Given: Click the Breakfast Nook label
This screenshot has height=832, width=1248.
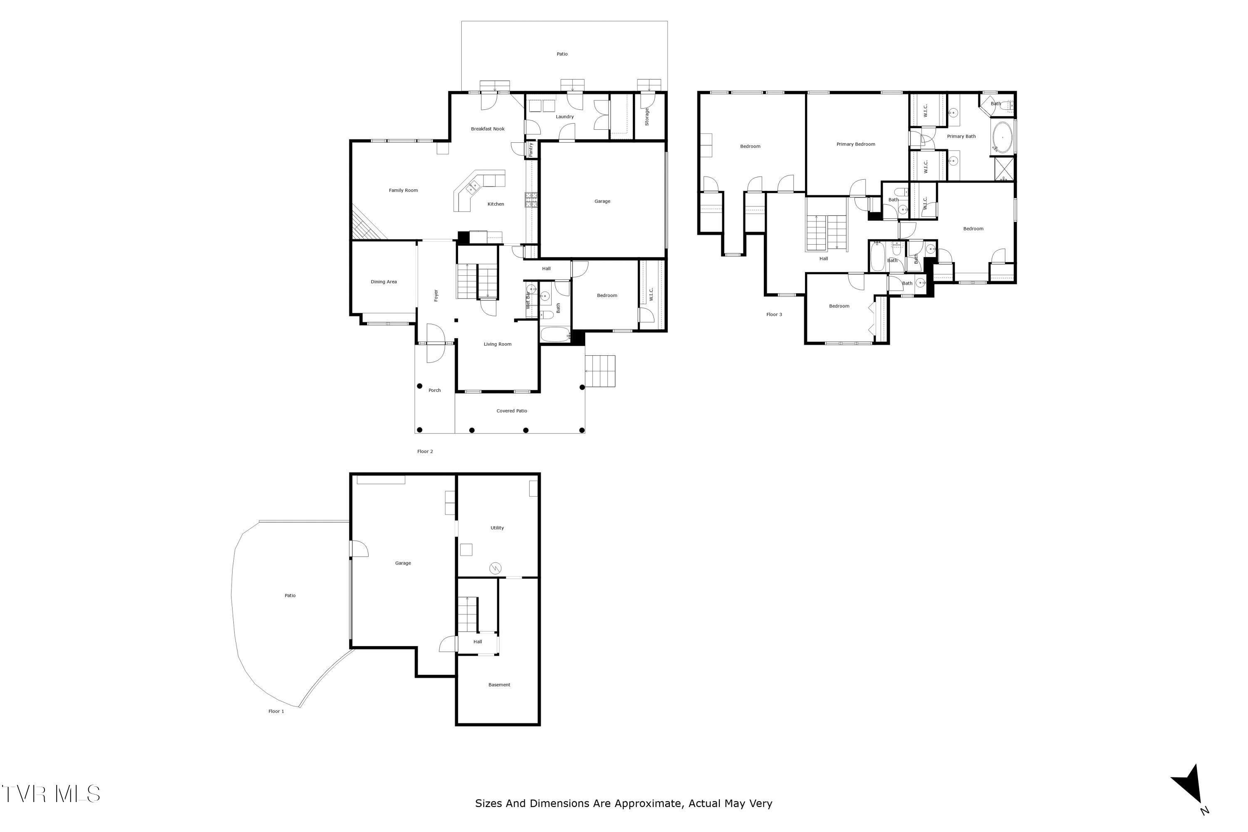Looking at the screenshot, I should [x=488, y=129].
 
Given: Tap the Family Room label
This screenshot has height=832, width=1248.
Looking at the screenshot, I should [x=403, y=191].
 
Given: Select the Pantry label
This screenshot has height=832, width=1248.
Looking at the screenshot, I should [x=531, y=150].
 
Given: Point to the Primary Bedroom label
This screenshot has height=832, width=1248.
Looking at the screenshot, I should [x=855, y=144].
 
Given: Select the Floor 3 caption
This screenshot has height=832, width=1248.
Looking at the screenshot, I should [x=774, y=314].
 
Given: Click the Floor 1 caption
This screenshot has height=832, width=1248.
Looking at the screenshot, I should [x=276, y=711].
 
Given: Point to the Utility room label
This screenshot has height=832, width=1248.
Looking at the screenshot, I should [x=497, y=528].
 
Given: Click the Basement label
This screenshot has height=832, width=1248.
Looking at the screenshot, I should [x=499, y=685].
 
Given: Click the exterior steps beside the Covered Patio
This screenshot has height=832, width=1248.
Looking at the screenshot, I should [x=600, y=371].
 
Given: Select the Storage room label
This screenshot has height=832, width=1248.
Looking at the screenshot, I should [x=647, y=117].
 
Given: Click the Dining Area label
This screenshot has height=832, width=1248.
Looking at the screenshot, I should [x=384, y=282].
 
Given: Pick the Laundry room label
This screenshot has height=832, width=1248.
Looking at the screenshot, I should [x=565, y=117].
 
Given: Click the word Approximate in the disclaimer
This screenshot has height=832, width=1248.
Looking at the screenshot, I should [x=647, y=803].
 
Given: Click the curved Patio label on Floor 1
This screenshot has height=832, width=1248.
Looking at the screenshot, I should [x=290, y=596].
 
